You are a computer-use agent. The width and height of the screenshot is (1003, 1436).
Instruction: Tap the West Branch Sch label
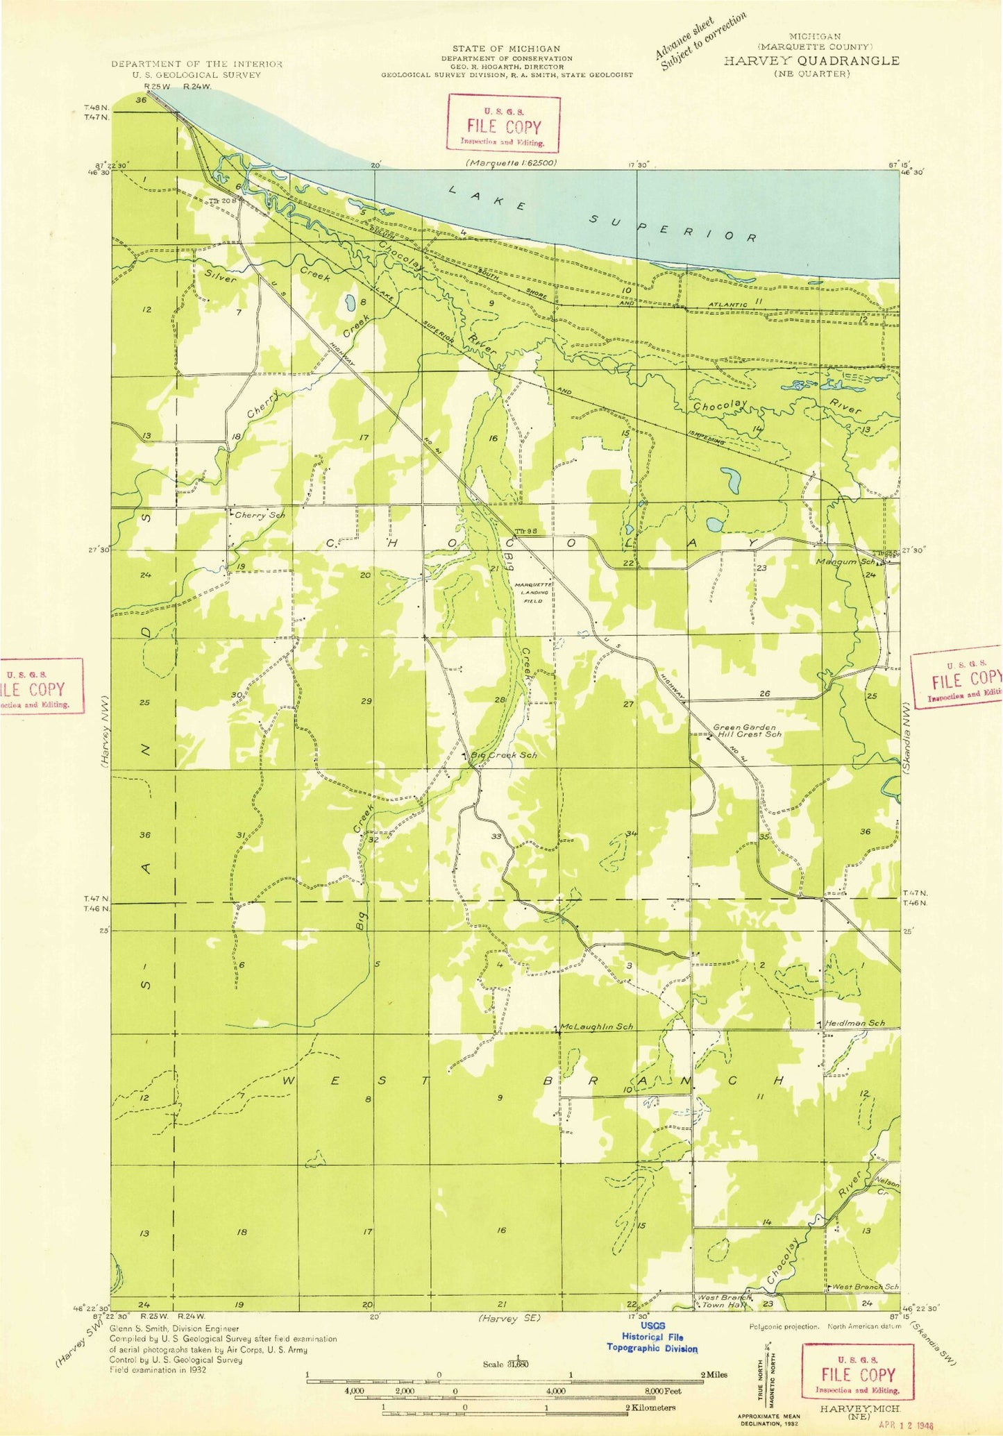pyautogui.click(x=866, y=1286)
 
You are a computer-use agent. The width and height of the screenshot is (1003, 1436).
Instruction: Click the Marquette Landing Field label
pyautogui.click(x=533, y=592)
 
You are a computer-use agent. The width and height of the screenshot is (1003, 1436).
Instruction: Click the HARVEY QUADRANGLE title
pyautogui.click(x=811, y=60)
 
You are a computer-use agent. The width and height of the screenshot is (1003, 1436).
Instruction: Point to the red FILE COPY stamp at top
pyautogui.click(x=503, y=124)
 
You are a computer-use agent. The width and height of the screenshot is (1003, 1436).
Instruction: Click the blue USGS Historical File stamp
pyautogui.click(x=652, y=1336)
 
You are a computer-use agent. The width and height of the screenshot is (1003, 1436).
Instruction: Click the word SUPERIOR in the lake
pyautogui.click(x=673, y=227)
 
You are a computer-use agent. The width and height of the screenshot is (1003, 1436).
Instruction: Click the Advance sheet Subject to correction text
pyautogui.click(x=701, y=41)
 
